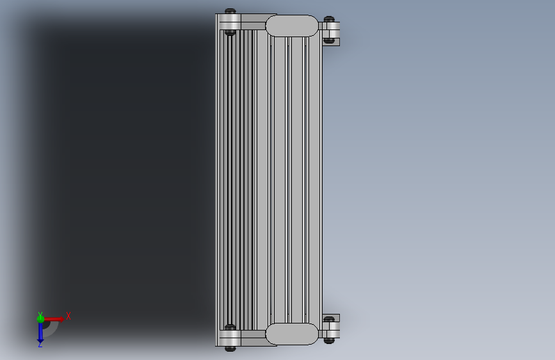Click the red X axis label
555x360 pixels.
coord(68,316)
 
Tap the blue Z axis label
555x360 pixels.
coord(40,345)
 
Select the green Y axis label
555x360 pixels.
coord(40,315)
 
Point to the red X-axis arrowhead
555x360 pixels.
coord(61,319)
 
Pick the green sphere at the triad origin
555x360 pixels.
coord(40,319)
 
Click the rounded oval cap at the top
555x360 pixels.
coord(292,26)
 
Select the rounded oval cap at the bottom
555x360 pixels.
coord(292,334)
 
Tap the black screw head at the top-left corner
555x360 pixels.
coord(230,11)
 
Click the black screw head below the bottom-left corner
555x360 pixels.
coord(230,348)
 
